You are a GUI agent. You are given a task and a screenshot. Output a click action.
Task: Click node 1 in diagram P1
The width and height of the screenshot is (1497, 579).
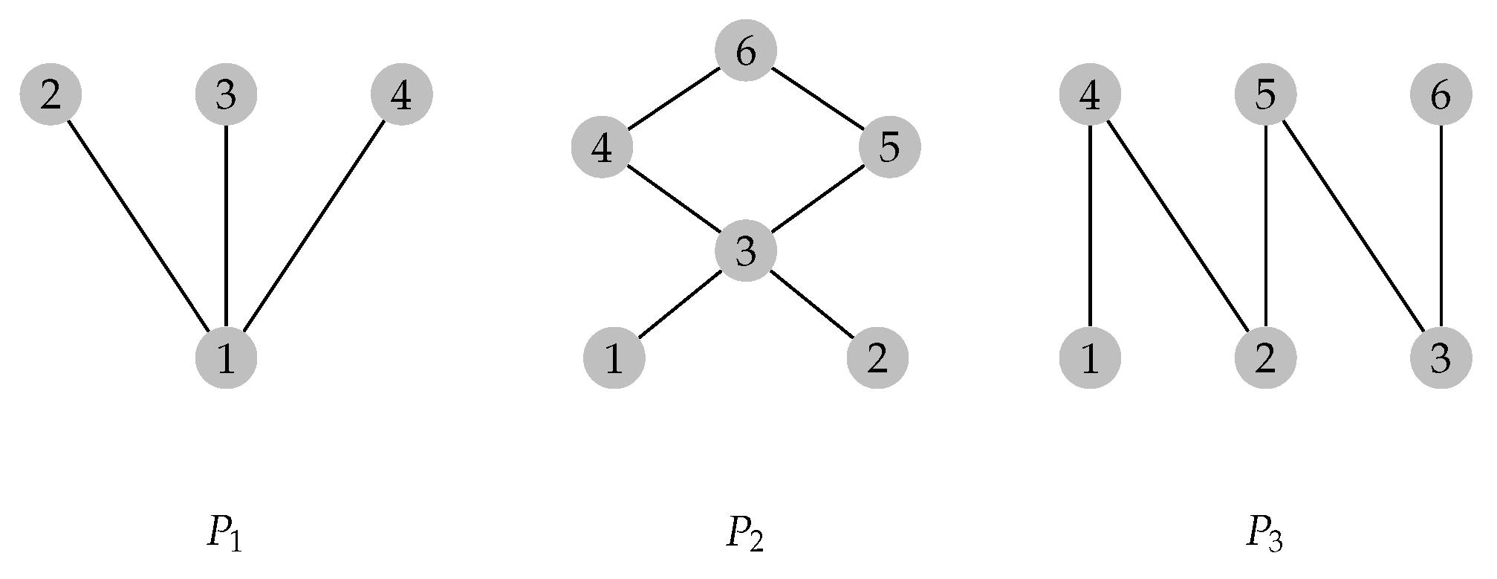pos(226,358)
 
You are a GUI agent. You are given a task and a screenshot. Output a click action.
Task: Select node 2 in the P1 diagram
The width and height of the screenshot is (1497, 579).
pos(51,95)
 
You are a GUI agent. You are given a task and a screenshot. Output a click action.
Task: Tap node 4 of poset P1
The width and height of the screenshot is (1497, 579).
pos(401,95)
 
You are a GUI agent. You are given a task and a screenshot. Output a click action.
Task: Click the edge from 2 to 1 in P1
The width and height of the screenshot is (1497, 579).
pos(138,227)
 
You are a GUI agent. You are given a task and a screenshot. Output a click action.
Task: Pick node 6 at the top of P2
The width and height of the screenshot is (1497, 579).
pos(746,51)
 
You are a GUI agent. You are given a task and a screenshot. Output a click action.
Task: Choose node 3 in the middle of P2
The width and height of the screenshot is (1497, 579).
pos(746,252)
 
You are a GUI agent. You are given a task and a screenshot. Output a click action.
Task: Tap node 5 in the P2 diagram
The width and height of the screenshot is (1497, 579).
pos(889,146)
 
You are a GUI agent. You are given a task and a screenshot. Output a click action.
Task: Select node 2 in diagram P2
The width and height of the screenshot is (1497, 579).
pos(877,358)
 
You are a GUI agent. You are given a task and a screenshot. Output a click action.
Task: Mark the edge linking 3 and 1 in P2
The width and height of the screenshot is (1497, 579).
pos(680,305)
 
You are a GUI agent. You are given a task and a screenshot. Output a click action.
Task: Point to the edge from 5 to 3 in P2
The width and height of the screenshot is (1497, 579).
pos(817,199)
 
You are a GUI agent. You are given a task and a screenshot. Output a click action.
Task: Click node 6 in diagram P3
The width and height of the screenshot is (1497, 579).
pos(1441,95)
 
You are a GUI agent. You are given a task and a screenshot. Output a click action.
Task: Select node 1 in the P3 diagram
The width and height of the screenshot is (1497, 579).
pos(1090,358)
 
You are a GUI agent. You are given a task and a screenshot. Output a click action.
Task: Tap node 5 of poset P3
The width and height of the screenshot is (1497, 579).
pos(1265,95)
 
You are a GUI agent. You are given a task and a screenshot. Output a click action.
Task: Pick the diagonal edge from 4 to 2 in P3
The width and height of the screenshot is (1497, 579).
pos(1178,227)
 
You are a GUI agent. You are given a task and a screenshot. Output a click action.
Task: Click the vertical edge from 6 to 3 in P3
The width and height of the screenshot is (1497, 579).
pos(1441,227)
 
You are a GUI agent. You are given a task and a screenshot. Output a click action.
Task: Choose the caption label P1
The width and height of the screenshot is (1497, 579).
pos(224,534)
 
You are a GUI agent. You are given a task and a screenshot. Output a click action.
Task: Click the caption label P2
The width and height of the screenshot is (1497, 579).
pos(744,534)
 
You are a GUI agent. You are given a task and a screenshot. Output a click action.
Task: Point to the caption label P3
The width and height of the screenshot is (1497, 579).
pos(1264,534)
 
